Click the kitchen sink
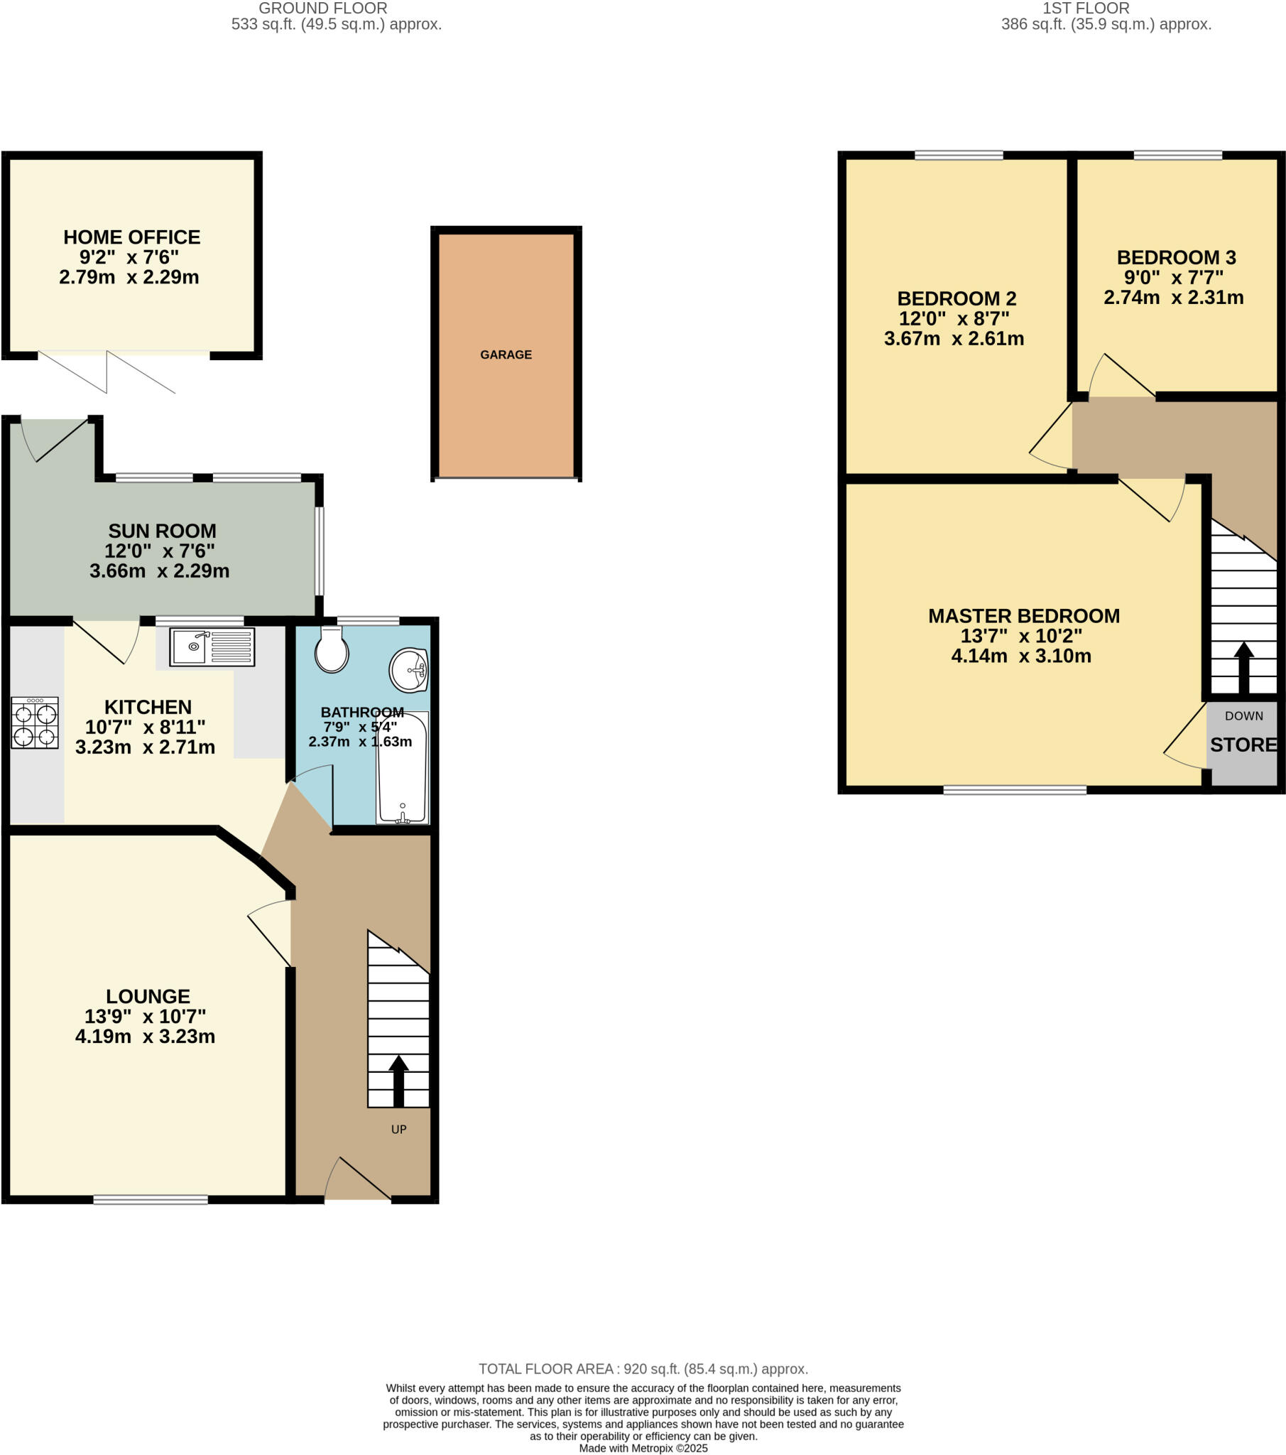212,647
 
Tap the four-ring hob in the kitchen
35,723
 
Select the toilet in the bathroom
332,649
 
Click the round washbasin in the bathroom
409,670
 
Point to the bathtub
403,768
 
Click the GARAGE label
506,355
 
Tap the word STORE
1243,745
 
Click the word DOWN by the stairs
1243,715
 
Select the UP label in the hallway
398,1129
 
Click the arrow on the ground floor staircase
398,1081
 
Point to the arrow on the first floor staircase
1243,668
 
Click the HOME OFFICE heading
131,237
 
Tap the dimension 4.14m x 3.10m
1020,656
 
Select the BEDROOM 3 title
1176,257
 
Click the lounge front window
151,1199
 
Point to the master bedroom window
1014,789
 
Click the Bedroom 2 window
959,155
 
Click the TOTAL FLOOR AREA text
643,1369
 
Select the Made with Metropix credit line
643,1448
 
